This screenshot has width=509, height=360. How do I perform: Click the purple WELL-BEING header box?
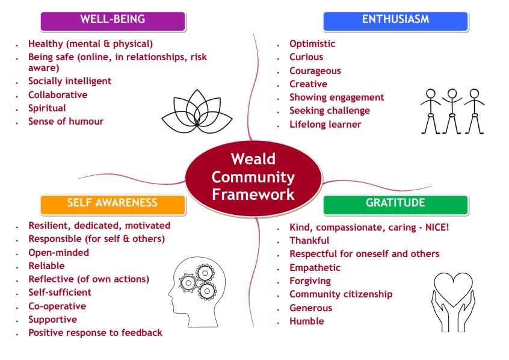pos(113,22)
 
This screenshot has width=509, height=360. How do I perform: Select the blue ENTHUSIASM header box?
pos(396,22)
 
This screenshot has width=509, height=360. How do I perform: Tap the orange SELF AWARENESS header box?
pos(113,205)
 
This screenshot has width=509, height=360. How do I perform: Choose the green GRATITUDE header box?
pos(396,205)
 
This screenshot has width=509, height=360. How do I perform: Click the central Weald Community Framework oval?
pos(253,178)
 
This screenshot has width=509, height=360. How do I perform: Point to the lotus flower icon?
pos(197,112)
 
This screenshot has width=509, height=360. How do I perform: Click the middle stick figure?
pos(452,111)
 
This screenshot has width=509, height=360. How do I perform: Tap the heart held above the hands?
pos(453,288)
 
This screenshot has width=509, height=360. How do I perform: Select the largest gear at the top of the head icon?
pos(205,273)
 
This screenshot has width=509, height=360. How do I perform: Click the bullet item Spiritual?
pos(47,108)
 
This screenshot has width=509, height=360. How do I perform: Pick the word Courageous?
pos(315,71)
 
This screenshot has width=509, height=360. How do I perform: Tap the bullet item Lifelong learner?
pos(325,125)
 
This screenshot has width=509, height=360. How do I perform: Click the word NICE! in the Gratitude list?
pos(437,227)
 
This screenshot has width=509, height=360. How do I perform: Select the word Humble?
pos(307,321)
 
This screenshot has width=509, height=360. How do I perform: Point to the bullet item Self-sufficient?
pos(60,293)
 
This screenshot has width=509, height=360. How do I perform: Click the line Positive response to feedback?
pos(96,333)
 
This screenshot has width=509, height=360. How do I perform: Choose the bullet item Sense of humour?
pos(66,122)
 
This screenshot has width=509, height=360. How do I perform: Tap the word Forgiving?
pos(310,281)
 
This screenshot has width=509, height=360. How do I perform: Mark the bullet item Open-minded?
pos(59,253)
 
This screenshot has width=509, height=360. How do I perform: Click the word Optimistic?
pos(312,44)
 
